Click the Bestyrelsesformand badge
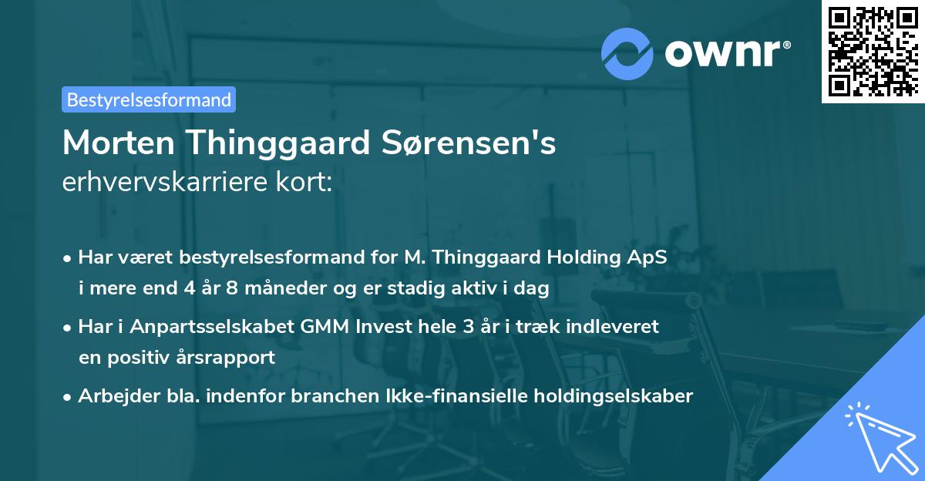(x=148, y=99)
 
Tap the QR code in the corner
(x=873, y=51)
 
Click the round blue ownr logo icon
(x=627, y=52)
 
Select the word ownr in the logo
(x=724, y=52)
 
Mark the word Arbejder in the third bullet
(x=111, y=396)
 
